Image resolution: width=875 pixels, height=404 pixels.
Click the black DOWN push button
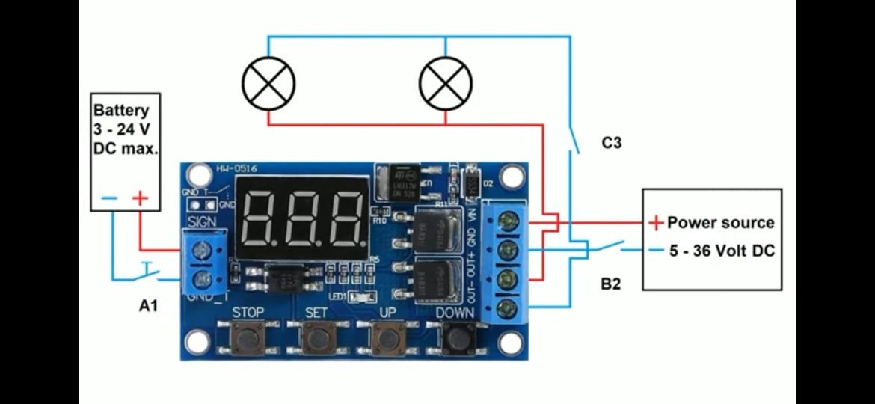click(x=456, y=338)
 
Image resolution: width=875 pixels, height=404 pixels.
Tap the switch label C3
click(x=612, y=142)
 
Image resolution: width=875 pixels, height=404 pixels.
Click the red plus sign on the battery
click(x=140, y=198)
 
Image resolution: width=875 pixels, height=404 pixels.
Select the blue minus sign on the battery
click(x=109, y=198)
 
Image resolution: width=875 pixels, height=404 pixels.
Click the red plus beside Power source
click(x=656, y=222)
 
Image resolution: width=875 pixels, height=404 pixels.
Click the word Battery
click(x=121, y=111)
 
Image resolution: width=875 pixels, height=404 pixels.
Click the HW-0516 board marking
click(x=238, y=169)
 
